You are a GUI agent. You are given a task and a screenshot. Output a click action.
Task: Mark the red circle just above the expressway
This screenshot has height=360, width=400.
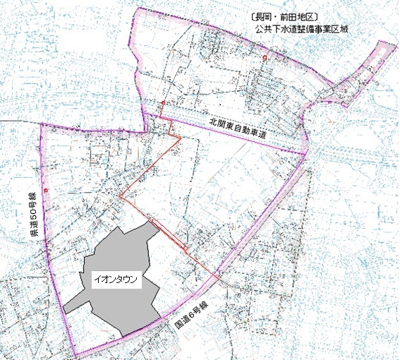(x=163, y=104)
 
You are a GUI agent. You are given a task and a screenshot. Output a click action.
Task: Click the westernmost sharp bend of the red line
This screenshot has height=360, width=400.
(x=120, y=196)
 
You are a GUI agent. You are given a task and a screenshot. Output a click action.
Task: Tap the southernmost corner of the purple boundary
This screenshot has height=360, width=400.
(x=76, y=356)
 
